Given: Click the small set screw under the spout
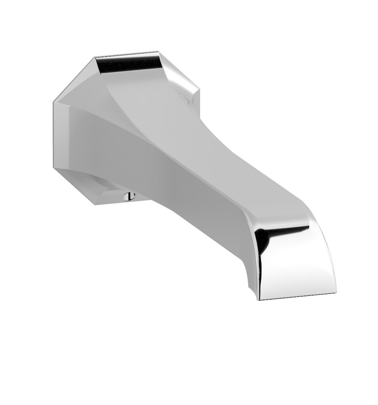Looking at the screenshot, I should (129, 196).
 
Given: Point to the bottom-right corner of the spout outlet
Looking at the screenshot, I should (336, 293).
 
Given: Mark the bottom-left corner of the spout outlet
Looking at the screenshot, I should (260, 299).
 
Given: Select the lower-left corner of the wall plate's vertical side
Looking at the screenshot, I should (54, 168).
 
